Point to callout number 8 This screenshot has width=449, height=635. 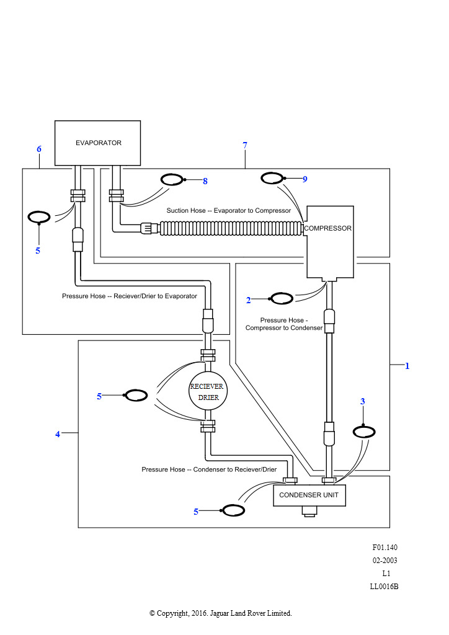205,181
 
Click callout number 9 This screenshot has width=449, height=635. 305,179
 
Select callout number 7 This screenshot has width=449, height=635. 245,145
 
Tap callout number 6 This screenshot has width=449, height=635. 39,149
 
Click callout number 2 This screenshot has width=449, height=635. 249,300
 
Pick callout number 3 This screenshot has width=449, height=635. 363,401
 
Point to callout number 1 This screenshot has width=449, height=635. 407,366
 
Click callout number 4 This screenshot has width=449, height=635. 58,434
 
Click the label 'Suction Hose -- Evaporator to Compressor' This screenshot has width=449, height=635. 229,211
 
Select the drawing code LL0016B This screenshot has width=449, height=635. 385,587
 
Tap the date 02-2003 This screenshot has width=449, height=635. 385,561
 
